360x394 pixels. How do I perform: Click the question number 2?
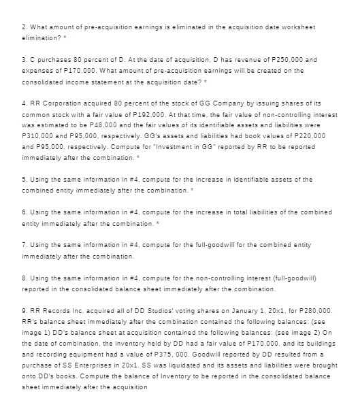click(x=24, y=25)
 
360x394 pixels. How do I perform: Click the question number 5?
click(x=24, y=179)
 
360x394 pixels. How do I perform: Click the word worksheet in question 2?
click(x=299, y=25)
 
